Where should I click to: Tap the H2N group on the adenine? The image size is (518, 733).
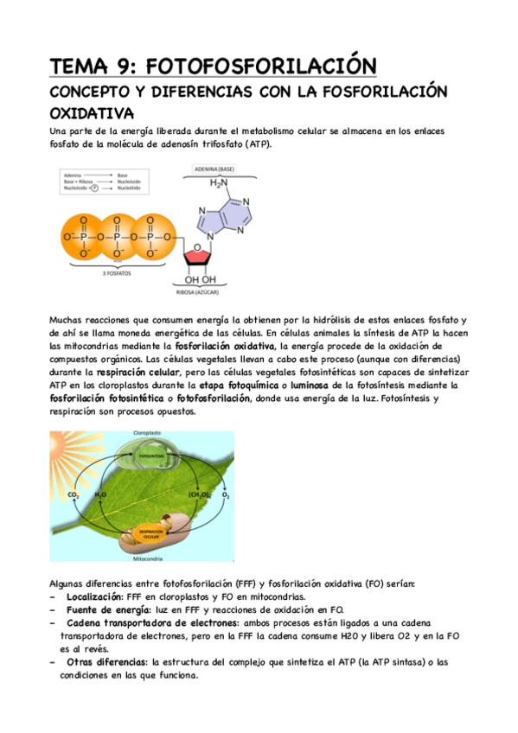pyautogui.click(x=222, y=183)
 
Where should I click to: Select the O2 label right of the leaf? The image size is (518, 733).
pyautogui.click(x=226, y=495)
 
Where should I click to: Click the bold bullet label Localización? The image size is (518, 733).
pyautogui.click(x=94, y=596)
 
